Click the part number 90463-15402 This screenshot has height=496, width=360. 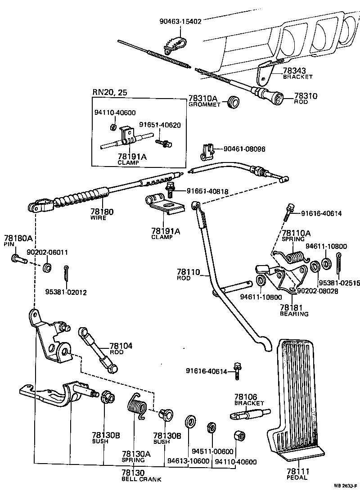click(180, 21)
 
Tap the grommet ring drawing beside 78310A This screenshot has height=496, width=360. click(233, 102)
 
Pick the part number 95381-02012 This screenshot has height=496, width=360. click(66, 292)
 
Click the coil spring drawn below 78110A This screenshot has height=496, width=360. click(295, 259)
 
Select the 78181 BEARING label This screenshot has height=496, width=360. click(294, 310)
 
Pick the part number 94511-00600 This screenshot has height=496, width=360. click(212, 452)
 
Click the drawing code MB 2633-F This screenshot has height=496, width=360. click(345, 486)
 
